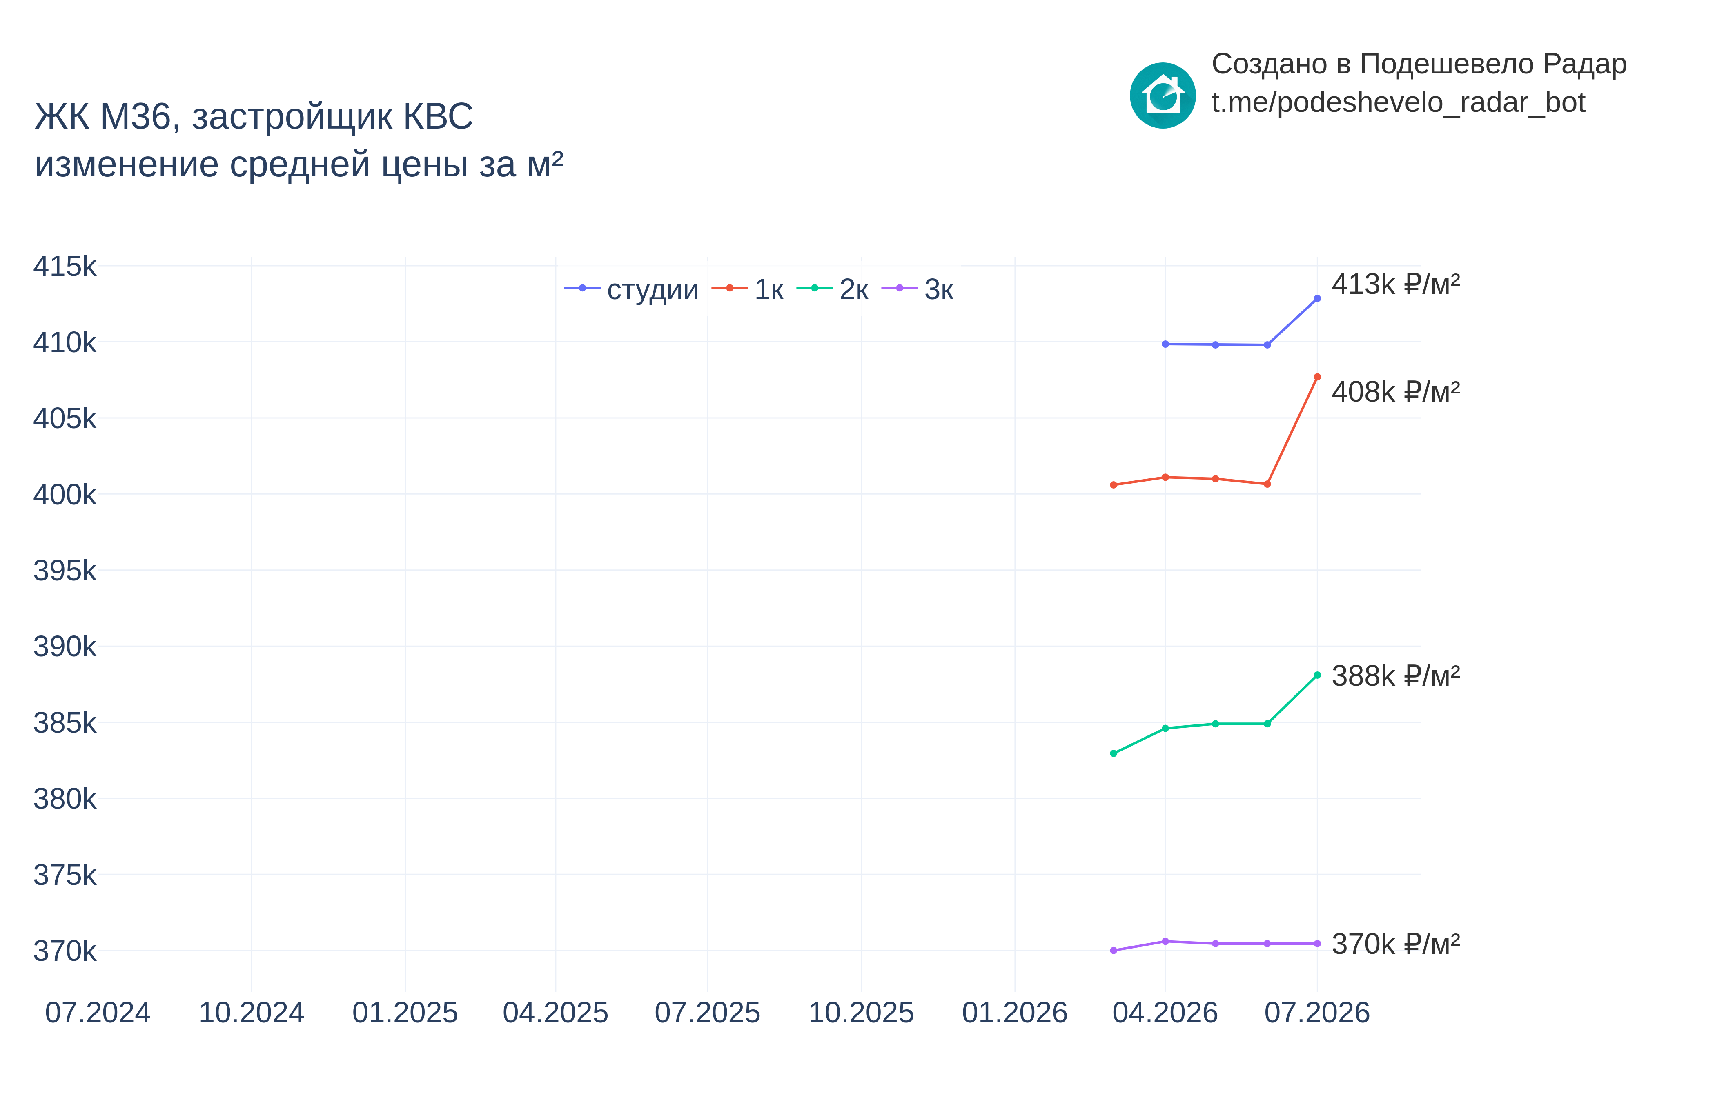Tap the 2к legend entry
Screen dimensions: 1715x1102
(833, 289)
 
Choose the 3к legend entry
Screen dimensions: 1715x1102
(918, 289)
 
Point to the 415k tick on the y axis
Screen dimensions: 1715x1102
(65, 266)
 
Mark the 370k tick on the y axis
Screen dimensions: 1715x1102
(65, 951)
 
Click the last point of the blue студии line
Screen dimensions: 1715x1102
(1317, 298)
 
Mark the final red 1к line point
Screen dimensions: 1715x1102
(1317, 377)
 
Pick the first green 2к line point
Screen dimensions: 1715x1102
(1114, 753)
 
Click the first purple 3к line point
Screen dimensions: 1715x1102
(1114, 951)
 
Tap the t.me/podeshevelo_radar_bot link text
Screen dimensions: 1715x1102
(1399, 103)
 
